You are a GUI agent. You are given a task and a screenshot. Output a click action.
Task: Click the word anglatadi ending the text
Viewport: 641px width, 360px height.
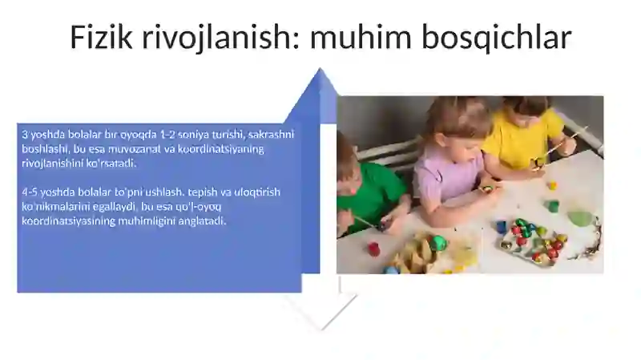[x=201, y=221]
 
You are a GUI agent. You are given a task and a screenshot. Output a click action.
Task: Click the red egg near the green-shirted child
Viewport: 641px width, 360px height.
[x=373, y=249]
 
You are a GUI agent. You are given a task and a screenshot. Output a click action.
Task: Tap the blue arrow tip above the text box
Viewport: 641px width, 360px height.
[x=320, y=80]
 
